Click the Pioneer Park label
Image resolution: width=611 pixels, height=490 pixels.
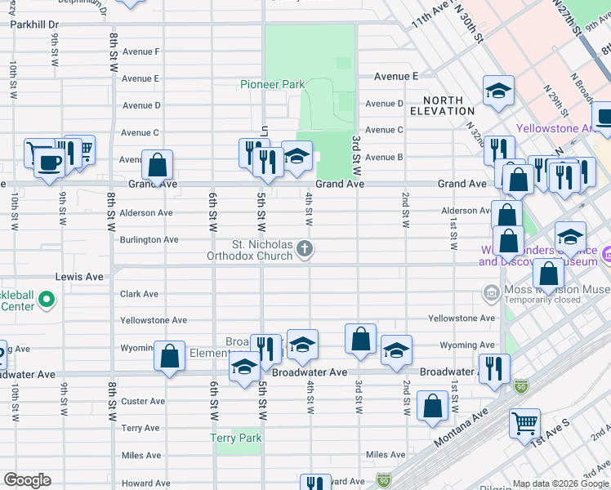coord(272,84)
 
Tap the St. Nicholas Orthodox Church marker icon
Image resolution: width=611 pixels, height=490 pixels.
coord(305,248)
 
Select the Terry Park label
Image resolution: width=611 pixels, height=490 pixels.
coord(236,439)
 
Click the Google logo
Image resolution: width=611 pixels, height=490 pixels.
coord(27,480)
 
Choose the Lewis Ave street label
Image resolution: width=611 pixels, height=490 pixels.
coord(79,277)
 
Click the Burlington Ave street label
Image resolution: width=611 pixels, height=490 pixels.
coord(149,240)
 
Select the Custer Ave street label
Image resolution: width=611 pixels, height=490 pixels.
coord(143,401)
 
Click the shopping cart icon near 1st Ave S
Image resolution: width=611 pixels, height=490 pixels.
coord(524,423)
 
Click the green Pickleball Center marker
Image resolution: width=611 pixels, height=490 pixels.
coord(47,301)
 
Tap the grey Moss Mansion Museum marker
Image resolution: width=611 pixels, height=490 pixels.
coord(491,292)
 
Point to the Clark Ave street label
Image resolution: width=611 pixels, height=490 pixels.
coord(140,294)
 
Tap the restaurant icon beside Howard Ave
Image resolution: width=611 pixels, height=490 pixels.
coord(314,484)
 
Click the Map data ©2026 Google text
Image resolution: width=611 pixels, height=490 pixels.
coord(560,483)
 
